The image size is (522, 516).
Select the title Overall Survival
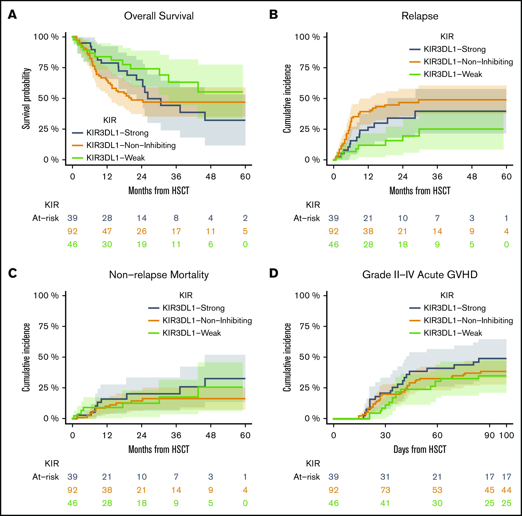[159, 16]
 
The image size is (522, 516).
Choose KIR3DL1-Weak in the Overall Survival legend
[116, 158]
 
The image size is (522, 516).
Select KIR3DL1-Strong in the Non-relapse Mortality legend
[193, 308]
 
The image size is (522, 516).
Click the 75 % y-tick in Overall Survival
[49, 67]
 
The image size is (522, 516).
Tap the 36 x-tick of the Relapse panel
[437, 177]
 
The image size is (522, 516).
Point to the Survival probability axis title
[26, 98]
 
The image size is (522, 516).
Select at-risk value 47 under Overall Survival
[107, 231]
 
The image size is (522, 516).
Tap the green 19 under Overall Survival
[142, 245]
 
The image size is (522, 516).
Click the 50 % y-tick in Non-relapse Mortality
[49, 357]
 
